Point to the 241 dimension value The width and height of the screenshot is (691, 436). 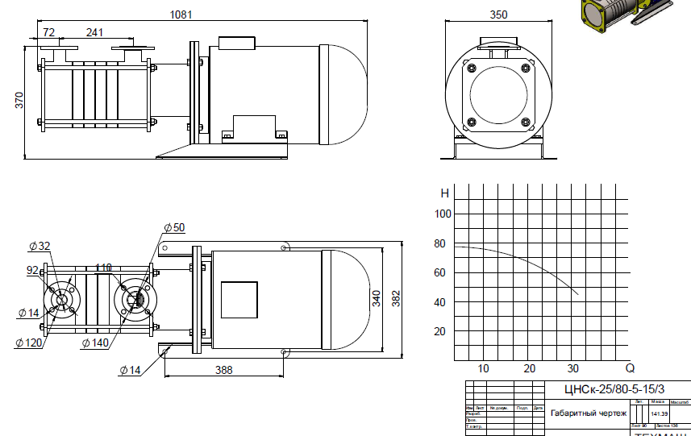pos(94,32)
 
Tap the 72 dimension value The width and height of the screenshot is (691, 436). pos(49,32)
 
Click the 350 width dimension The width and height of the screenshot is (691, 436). pos(498,14)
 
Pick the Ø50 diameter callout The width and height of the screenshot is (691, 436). pos(174,227)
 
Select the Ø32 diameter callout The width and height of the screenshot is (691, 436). pos(39,246)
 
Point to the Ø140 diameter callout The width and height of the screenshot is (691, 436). pos(95,343)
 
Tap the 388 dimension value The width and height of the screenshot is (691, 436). pos(223,370)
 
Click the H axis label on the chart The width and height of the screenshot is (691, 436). pos(443,193)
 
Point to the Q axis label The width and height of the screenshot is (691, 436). pos(630,368)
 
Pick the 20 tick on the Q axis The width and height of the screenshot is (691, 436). pos(529,368)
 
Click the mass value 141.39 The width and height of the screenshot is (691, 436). pos(659,413)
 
